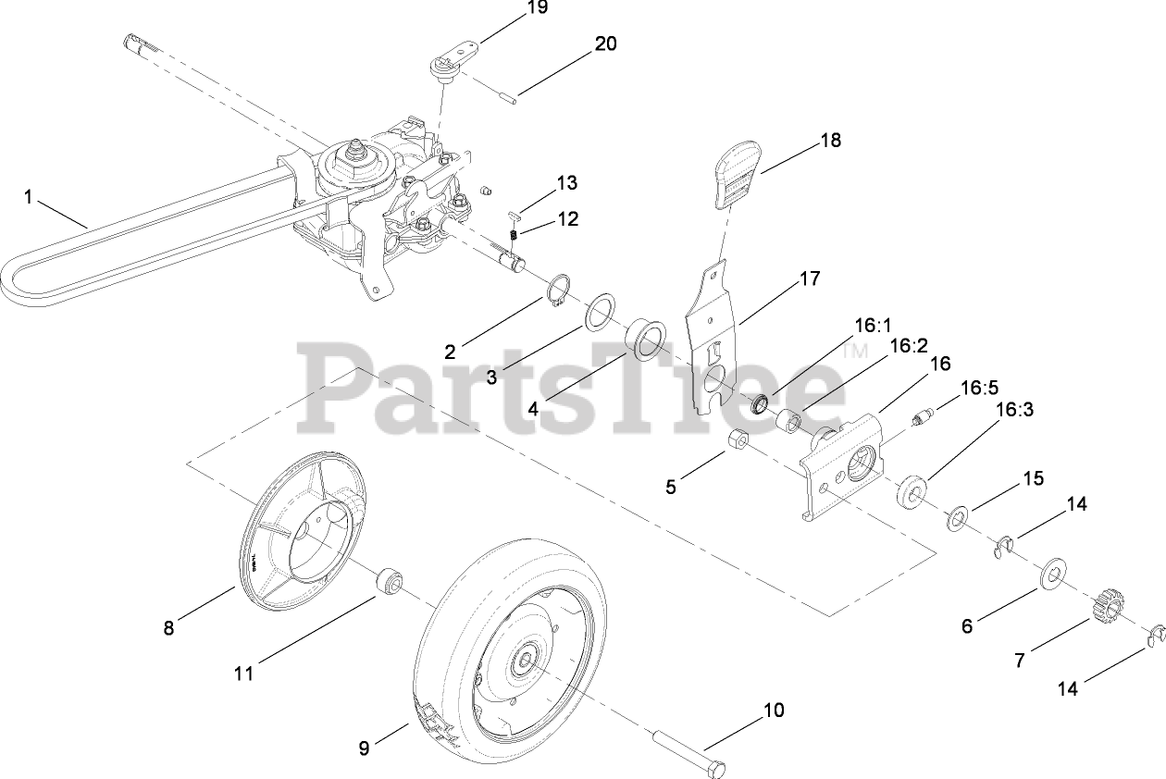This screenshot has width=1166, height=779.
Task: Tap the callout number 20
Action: click(605, 43)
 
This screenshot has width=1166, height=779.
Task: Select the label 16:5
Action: click(979, 388)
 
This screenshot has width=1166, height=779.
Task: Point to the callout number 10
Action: click(773, 711)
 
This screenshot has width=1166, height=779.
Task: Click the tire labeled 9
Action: click(481, 648)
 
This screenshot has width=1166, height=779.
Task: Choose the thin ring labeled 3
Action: click(600, 312)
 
